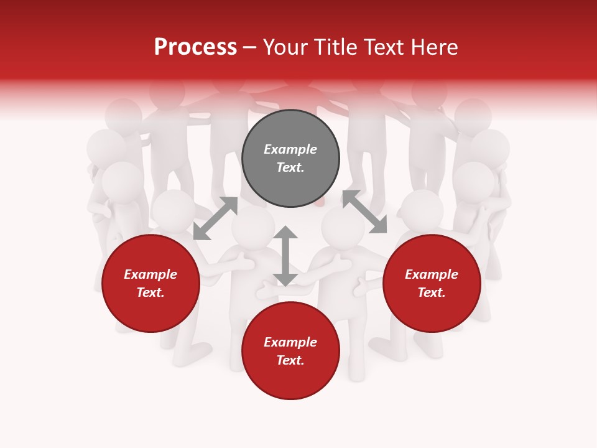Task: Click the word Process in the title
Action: (x=195, y=47)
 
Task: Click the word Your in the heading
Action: (x=285, y=47)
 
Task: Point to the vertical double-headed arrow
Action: (x=285, y=256)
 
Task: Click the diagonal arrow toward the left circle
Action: (x=215, y=218)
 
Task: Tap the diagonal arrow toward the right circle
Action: (x=364, y=212)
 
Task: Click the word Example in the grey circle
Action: (x=290, y=149)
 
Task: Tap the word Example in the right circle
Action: (x=432, y=274)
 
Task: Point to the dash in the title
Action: (x=249, y=47)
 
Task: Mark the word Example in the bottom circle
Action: (x=290, y=342)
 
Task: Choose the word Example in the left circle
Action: (x=150, y=274)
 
